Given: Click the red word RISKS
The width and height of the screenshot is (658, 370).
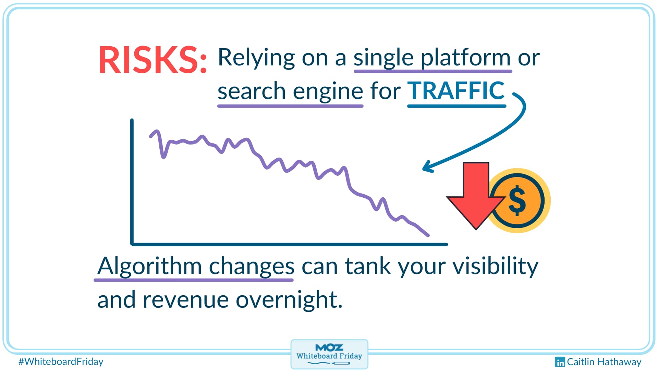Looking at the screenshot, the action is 153,60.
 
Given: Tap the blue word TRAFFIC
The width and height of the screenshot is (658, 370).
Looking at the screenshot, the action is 456,90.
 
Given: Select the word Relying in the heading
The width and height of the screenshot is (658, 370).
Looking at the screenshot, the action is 256,58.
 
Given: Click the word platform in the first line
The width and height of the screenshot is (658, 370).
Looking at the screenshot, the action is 466,58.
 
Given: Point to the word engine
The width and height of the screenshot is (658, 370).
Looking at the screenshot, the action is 328,92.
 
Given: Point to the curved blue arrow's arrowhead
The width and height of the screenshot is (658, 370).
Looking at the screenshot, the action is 428,166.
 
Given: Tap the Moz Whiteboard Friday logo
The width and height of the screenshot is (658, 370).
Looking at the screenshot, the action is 329,354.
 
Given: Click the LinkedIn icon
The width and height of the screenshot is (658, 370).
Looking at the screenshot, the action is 560,362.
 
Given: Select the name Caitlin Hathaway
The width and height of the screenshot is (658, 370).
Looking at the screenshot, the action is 604,362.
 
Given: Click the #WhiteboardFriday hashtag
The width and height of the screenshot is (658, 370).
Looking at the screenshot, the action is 61,361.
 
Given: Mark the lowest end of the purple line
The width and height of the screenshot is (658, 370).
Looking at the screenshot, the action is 428,235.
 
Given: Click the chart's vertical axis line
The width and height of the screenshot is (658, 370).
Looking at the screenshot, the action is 132,182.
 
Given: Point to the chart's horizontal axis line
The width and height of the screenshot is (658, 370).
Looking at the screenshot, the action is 289,244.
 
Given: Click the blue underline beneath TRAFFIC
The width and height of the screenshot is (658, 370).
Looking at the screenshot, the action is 456,106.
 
